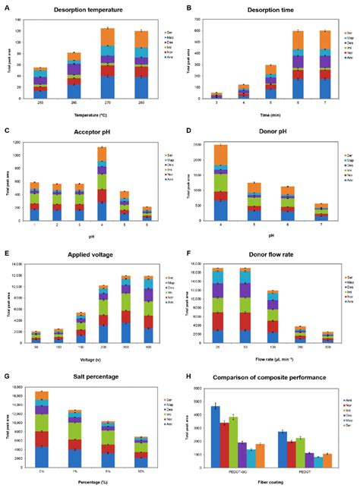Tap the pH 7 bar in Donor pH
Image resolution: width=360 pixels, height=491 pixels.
322,213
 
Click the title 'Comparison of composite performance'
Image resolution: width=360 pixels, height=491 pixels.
269,377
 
